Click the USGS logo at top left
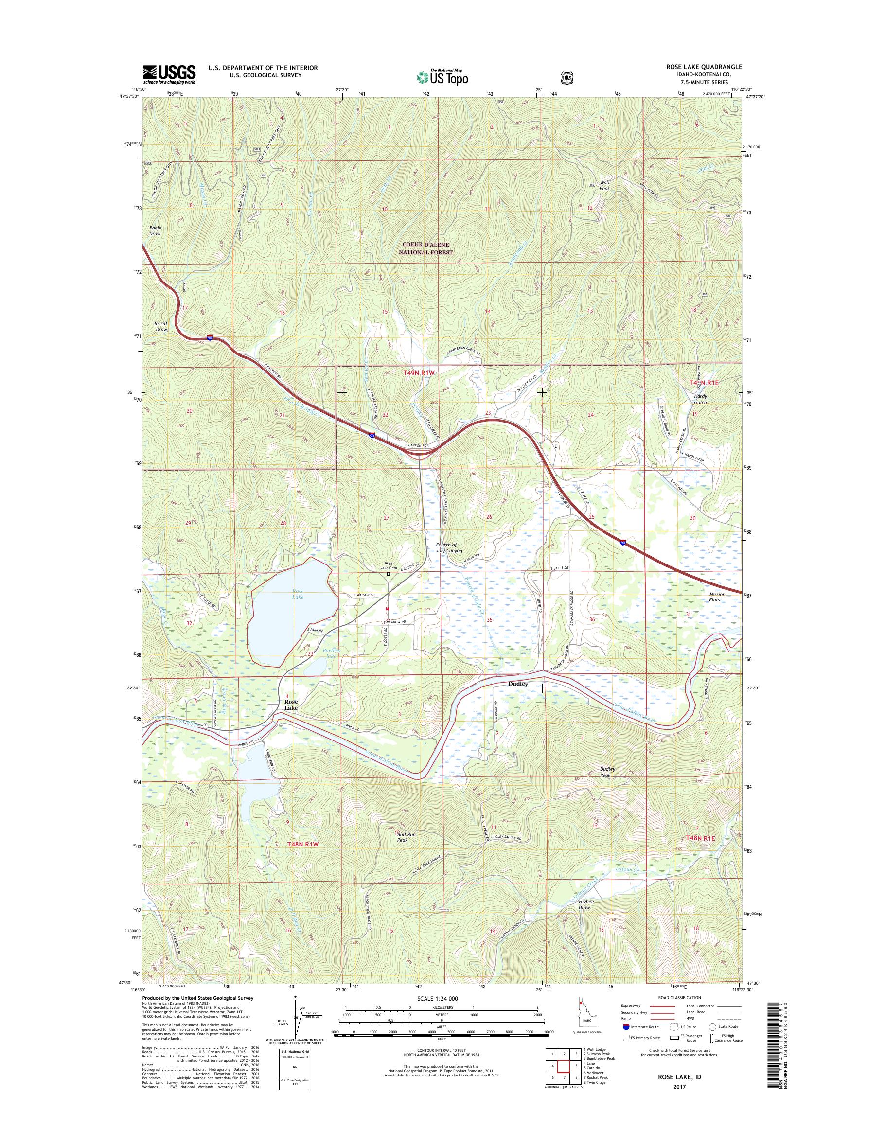(x=169, y=74)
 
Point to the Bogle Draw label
(x=155, y=230)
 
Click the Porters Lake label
(x=327, y=654)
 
